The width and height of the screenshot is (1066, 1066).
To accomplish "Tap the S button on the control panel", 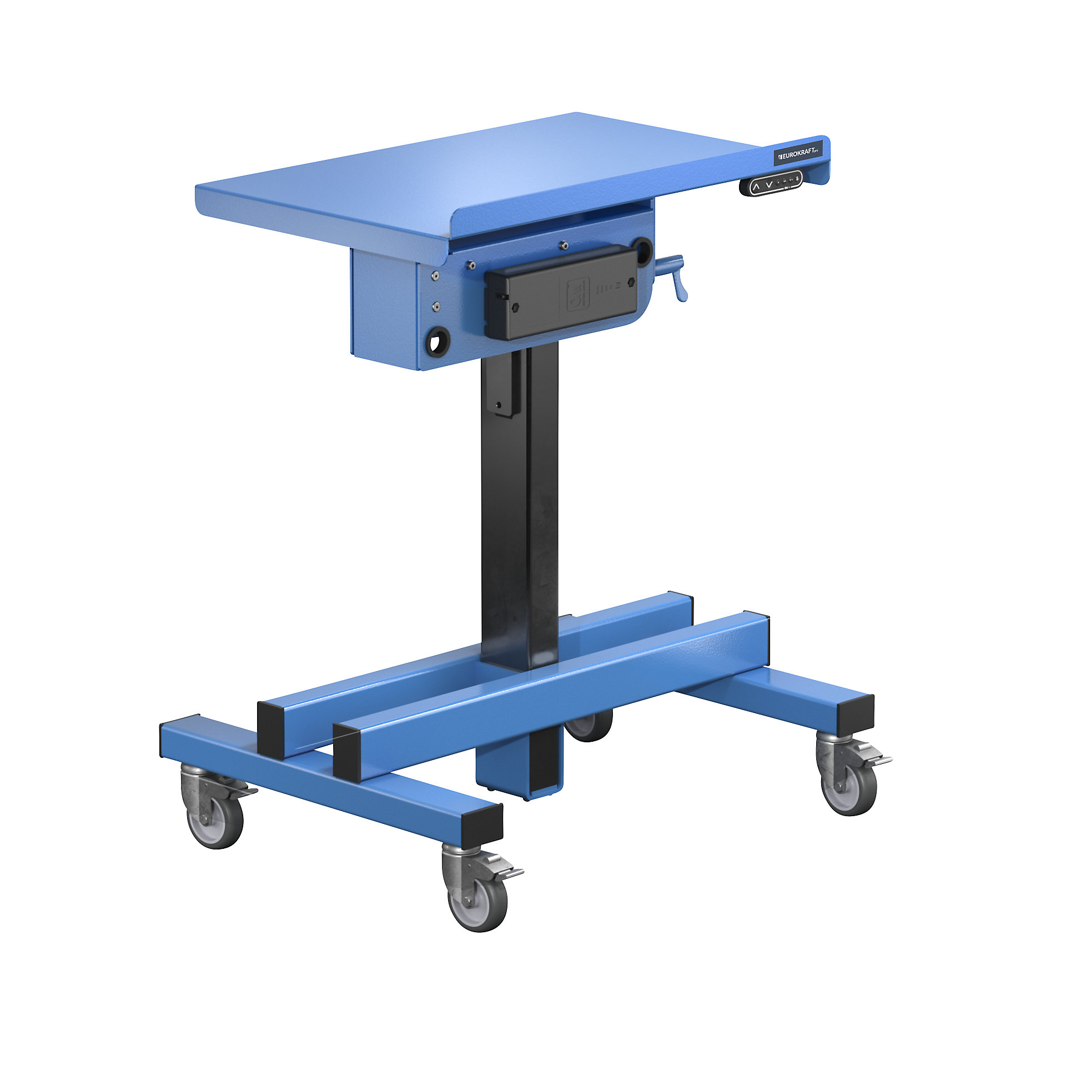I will click(797, 178).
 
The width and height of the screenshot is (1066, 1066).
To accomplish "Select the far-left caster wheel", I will click(214, 821).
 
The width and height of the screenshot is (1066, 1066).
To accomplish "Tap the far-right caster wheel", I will click(849, 788).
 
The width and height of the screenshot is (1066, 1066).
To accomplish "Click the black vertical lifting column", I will click(519, 511).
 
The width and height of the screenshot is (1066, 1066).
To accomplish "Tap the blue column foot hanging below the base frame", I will click(519, 767).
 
